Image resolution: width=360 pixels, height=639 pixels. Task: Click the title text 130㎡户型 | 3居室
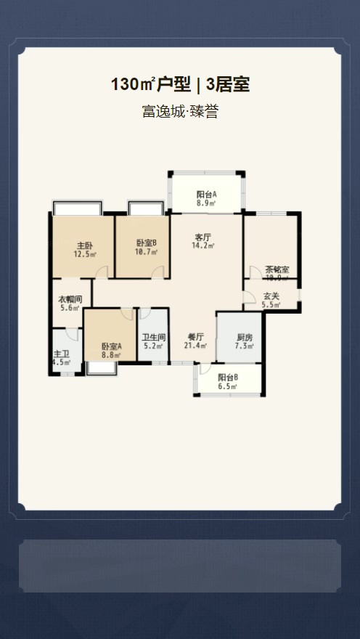coord(180,85)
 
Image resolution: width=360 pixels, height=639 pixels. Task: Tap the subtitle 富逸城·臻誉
coord(180,112)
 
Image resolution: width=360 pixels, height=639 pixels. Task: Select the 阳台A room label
coord(206,195)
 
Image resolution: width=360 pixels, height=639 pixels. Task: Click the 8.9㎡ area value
coord(206,204)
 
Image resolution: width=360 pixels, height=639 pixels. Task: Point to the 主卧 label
coord(85,245)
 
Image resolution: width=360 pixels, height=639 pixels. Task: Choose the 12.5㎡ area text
coord(85,255)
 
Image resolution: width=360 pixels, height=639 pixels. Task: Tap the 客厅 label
coord(202,237)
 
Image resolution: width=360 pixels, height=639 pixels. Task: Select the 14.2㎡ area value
coord(202,246)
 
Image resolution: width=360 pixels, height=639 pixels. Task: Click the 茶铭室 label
coord(277,269)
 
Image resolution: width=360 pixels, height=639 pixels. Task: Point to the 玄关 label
coord(271,296)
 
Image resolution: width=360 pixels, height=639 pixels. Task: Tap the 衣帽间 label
coord(70,299)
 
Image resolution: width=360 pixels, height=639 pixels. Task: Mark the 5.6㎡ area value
coord(70,309)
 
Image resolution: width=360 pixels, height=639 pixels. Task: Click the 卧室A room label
coord(111,346)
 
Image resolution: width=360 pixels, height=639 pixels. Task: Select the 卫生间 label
coord(154,337)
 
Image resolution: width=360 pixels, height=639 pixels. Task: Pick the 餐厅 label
coord(195,337)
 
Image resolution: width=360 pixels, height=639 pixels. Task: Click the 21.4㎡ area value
coord(195,346)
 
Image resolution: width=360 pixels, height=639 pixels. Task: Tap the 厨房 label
coord(245,338)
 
